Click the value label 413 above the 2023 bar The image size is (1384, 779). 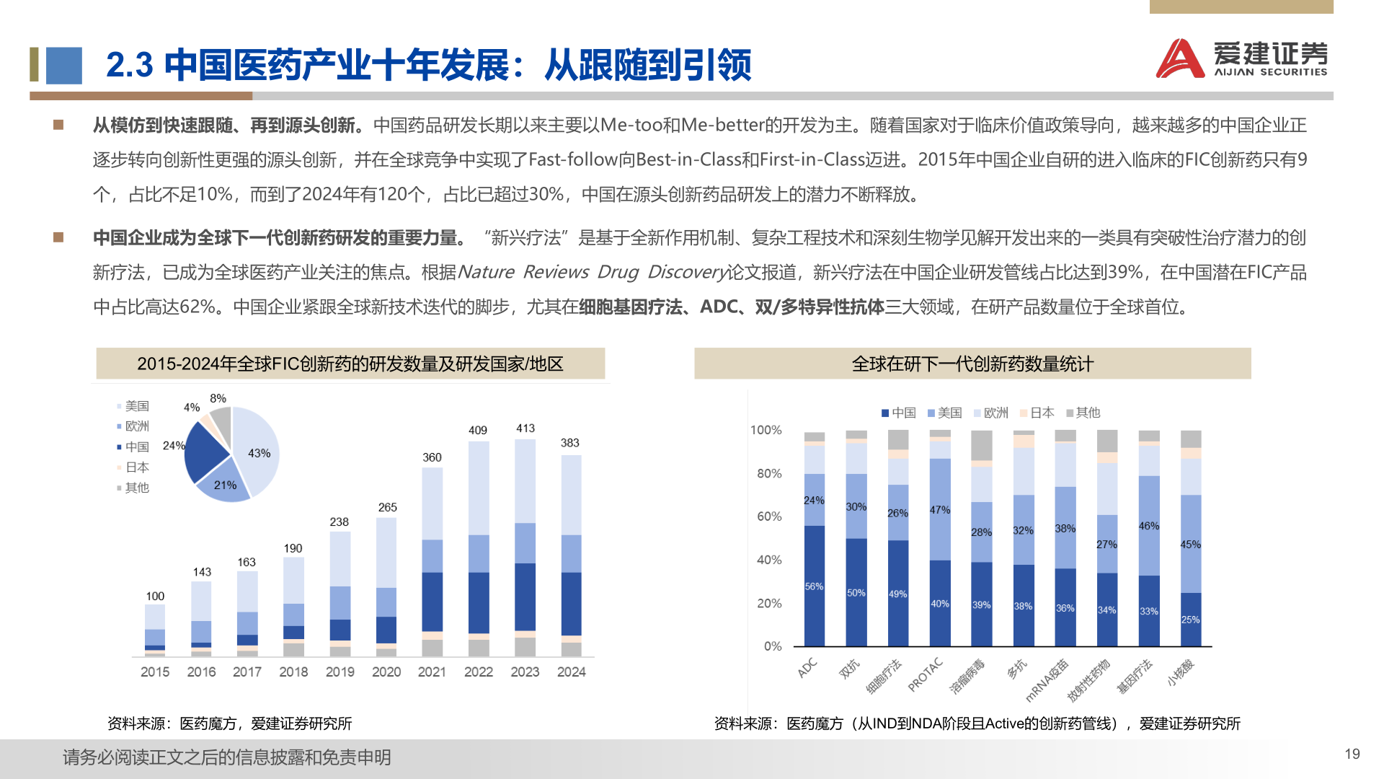pyautogui.click(x=525, y=428)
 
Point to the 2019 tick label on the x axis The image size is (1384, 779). pyautogui.click(x=340, y=672)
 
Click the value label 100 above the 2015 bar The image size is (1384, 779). pyautogui.click(x=155, y=596)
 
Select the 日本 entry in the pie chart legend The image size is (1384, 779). pyautogui.click(x=136, y=467)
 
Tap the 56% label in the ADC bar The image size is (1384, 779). pyautogui.click(x=814, y=586)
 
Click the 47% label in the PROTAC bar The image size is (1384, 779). pyautogui.click(x=939, y=509)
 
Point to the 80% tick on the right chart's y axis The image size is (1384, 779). pyautogui.click(x=768, y=473)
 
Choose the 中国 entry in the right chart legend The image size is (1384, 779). pyautogui.click(x=898, y=413)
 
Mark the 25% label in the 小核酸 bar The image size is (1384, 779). pyautogui.click(x=1190, y=620)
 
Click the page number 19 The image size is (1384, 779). pyautogui.click(x=1352, y=754)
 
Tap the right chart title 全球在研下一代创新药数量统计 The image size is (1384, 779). pyautogui.click(x=972, y=364)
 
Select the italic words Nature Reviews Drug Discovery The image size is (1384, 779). pyautogui.click(x=591, y=272)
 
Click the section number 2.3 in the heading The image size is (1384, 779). pyautogui.click(x=129, y=65)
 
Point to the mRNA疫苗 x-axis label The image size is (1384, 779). pyautogui.click(x=1047, y=679)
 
